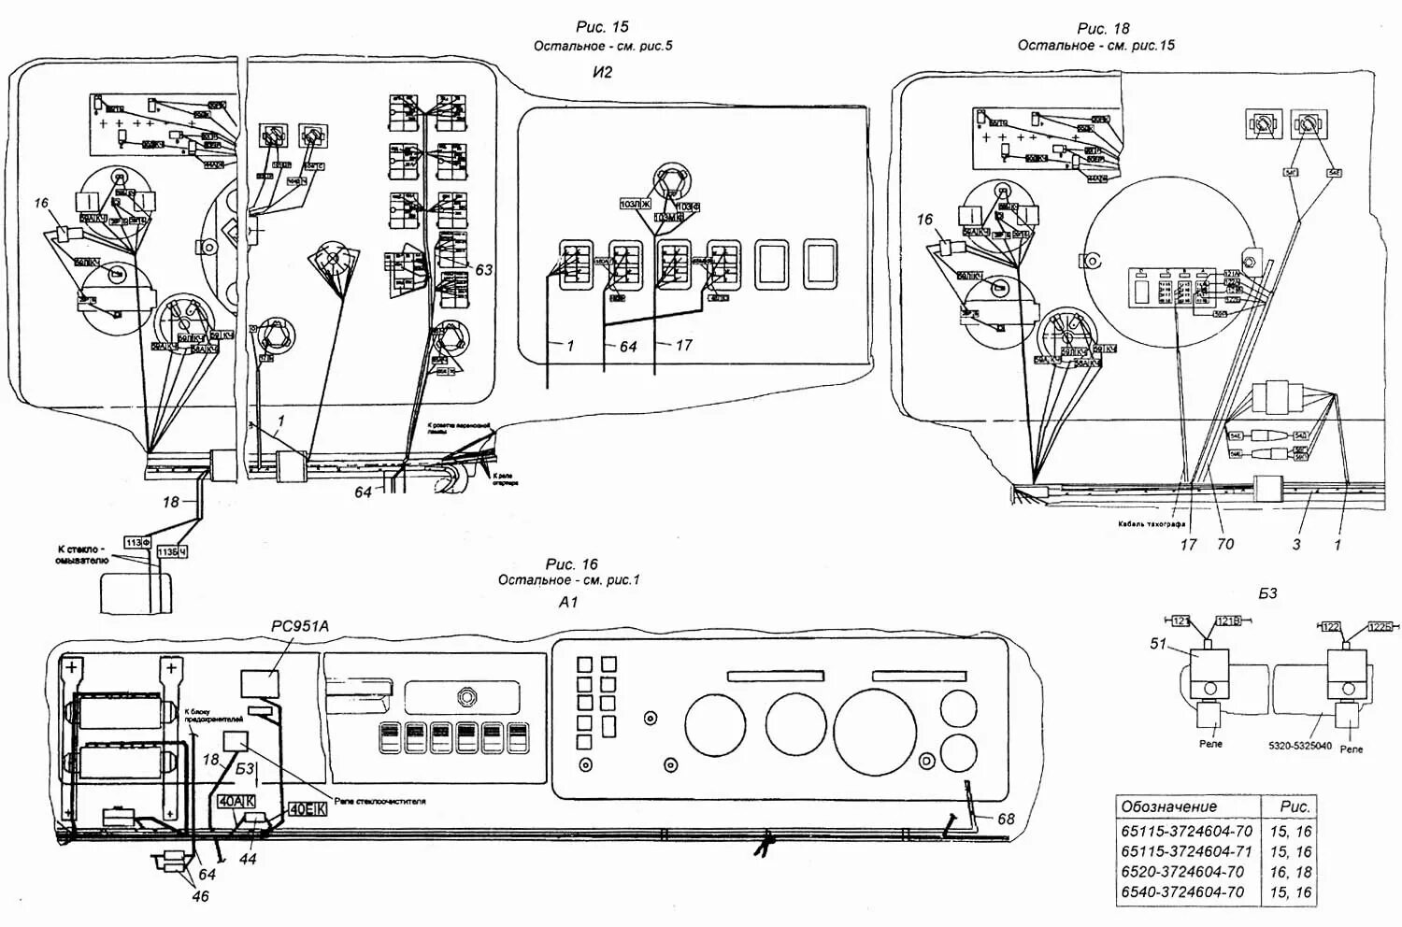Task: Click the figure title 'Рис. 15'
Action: point(602,28)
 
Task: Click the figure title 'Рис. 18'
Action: point(1103,28)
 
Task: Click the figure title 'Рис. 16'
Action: point(571,563)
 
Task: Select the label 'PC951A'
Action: point(300,627)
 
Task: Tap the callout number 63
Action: point(483,270)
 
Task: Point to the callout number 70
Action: point(1224,544)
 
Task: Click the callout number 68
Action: point(1005,820)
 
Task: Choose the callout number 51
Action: point(1160,643)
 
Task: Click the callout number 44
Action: point(248,859)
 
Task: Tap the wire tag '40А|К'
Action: point(236,802)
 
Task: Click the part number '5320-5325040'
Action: point(1299,747)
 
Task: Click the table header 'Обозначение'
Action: point(1168,806)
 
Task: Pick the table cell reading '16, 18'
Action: point(1290,872)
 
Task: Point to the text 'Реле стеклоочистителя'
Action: point(379,802)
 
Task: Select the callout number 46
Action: point(200,897)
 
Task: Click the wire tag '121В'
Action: point(1229,621)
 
